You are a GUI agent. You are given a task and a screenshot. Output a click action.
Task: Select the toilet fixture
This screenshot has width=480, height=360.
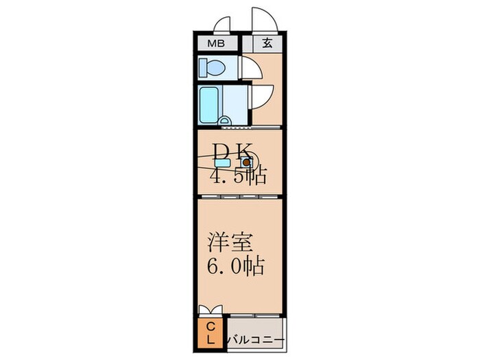tap(211, 67)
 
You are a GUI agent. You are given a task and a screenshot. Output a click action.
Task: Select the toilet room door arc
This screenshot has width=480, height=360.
tap(249, 69)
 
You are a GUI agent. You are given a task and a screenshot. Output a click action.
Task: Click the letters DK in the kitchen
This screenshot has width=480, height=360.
tap(233, 150)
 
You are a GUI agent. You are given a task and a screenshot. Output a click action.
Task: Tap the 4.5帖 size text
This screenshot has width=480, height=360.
tap(237, 176)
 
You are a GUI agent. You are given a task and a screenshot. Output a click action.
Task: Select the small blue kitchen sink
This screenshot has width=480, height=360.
tap(222, 164)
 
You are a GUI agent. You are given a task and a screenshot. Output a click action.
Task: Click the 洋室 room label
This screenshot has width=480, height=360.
tap(231, 243)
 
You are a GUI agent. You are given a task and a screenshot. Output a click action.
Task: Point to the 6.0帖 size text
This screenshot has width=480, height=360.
tap(237, 266)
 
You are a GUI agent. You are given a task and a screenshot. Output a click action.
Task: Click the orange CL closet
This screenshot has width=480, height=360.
tap(211, 332)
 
